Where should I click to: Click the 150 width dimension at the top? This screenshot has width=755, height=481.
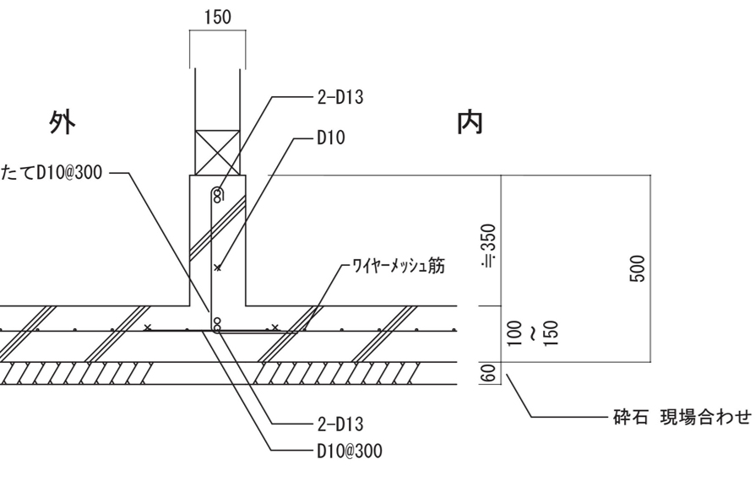(216, 18)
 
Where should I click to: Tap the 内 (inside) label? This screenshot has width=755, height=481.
(469, 123)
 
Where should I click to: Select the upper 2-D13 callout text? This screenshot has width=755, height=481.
(340, 97)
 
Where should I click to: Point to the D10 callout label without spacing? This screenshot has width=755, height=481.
(332, 138)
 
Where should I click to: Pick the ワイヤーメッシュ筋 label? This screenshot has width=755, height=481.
(397, 267)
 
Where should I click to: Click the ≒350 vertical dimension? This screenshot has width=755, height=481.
(487, 245)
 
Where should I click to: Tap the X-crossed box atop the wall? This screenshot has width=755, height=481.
(217, 153)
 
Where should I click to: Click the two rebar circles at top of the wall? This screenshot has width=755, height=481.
(216, 195)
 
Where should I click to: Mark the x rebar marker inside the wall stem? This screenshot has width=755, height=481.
(218, 268)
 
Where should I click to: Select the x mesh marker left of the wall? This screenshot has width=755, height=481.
(149, 327)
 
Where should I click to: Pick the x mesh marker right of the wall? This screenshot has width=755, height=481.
(275, 327)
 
